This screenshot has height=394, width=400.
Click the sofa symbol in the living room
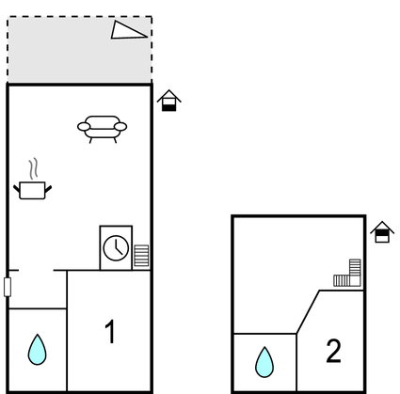point(102,129)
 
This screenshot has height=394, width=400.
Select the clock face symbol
point(116,248)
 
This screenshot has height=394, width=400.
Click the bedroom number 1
point(110,332)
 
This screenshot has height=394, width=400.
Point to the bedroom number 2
point(333,351)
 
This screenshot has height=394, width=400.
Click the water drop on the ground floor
point(37,350)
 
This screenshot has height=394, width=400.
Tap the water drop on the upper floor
point(264,362)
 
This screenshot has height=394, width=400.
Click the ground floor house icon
point(169,101)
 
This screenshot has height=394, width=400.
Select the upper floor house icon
point(382,232)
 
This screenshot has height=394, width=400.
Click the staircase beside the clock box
point(141,256)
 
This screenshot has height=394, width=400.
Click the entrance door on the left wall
point(8,287)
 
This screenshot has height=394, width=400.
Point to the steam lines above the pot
point(34,168)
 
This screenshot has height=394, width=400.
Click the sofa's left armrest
point(84,127)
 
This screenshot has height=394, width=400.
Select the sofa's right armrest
point(120,127)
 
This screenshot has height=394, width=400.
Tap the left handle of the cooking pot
point(17,189)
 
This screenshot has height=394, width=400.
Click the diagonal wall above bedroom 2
point(308,312)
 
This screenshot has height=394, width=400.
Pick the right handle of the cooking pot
point(48,189)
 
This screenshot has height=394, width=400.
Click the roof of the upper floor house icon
point(382,227)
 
